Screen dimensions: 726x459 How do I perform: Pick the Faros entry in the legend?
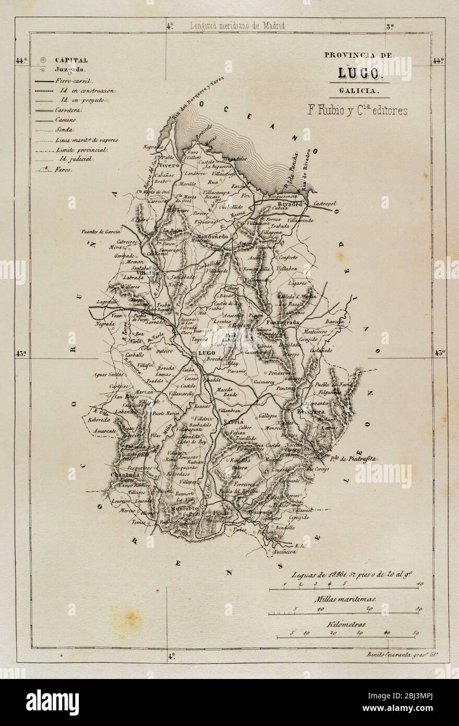click(64, 169)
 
